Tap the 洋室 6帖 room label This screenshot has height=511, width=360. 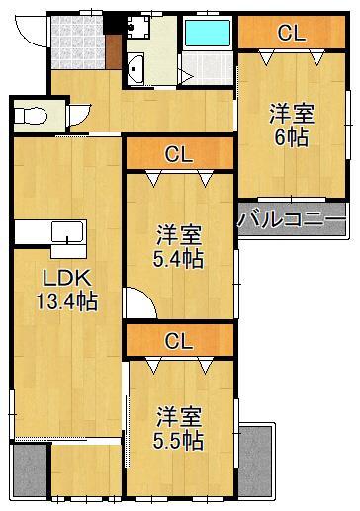click(x=291, y=126)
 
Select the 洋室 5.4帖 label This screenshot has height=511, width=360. click(x=179, y=247)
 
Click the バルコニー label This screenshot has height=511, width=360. click(x=292, y=218)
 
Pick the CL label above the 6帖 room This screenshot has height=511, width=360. click(x=291, y=33)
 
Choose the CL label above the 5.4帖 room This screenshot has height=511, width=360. click(x=178, y=153)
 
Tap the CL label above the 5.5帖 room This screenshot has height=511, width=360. click(x=178, y=342)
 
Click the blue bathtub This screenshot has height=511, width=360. click(x=207, y=33)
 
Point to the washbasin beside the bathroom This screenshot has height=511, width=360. click(x=136, y=70)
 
